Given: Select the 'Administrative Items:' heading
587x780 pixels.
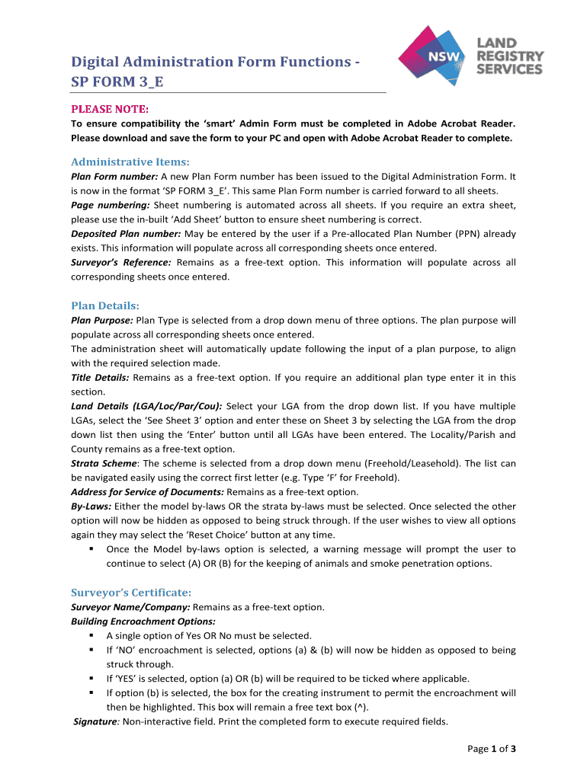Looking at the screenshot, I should pyautogui.click(x=130, y=161).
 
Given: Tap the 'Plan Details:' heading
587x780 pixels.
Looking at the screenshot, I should pyautogui.click(x=105, y=305).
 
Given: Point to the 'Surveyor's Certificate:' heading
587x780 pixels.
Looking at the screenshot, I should pyautogui.click(x=131, y=592).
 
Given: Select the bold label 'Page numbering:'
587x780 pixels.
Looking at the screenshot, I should pyautogui.click(x=111, y=205).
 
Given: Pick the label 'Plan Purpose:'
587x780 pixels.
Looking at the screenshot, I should pyautogui.click(x=102, y=320).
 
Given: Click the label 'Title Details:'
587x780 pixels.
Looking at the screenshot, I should pyautogui.click(x=100, y=378).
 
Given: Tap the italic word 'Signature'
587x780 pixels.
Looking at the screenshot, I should pyautogui.click(x=96, y=721).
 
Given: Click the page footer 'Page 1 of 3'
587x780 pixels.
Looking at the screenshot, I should pyautogui.click(x=492, y=750).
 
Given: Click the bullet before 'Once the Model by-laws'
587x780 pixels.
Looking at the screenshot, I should pyautogui.click(x=91, y=549).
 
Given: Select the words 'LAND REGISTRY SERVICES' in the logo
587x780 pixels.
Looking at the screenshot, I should pyautogui.click(x=510, y=57).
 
